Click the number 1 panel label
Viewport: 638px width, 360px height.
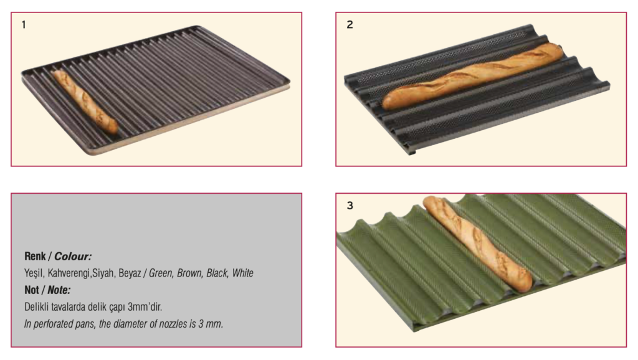point(24,25)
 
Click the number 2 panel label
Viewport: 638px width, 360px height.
point(350,25)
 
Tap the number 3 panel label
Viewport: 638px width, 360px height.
point(350,206)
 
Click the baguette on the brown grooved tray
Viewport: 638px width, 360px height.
point(85,102)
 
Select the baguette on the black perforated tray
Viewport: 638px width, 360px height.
point(472,76)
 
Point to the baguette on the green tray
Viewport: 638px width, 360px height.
point(477,244)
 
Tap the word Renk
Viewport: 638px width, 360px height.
point(35,256)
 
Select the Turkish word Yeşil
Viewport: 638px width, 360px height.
point(34,273)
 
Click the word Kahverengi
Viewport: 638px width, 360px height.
point(69,273)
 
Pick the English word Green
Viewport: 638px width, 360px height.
point(160,273)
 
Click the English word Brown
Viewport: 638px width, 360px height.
point(189,273)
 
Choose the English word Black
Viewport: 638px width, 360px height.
point(216,273)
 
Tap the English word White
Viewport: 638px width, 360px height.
point(242,273)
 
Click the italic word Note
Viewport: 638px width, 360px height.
point(59,290)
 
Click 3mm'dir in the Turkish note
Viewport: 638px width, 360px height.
point(145,306)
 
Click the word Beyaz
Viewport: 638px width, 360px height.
point(130,273)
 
